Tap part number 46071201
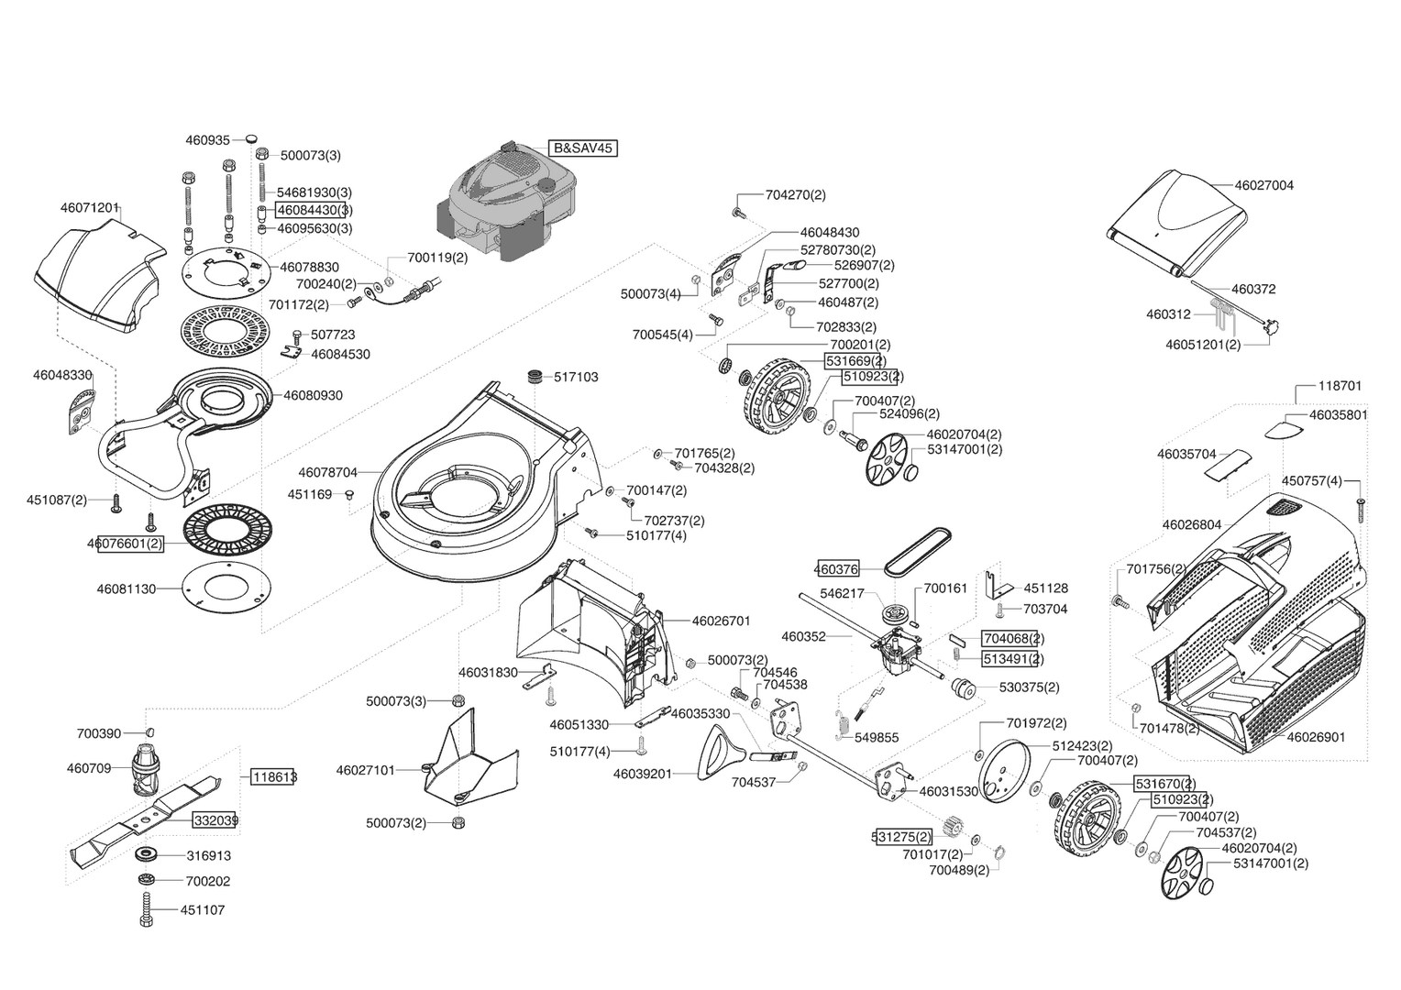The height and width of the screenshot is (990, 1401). tap(91, 207)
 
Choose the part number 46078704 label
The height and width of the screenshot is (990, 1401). tap(327, 473)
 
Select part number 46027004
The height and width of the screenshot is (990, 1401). tap(1264, 185)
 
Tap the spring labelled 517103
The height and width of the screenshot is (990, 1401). tap(535, 377)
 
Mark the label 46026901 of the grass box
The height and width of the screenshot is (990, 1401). tap(1316, 736)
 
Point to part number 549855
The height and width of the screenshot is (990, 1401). tap(876, 737)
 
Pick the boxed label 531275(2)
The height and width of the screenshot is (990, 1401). tap(901, 836)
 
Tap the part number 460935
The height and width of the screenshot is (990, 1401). tap(208, 140)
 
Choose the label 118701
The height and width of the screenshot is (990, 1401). tap(1340, 386)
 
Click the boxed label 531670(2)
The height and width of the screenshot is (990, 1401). tap(1164, 784)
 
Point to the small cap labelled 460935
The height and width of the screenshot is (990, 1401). tap(250, 138)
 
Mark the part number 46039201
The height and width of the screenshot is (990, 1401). tap(642, 774)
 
